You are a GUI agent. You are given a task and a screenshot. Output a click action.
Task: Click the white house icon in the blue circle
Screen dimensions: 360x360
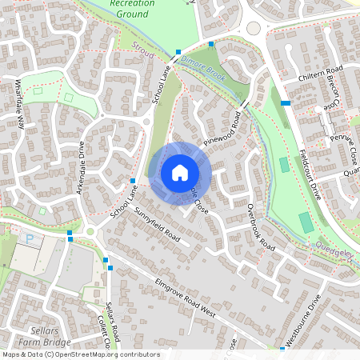180,172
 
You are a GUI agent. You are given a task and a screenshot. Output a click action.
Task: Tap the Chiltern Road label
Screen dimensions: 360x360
320,74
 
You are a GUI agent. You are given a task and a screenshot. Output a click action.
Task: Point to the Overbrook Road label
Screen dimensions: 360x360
261,228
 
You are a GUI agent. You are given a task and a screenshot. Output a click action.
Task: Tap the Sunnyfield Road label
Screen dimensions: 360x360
157,226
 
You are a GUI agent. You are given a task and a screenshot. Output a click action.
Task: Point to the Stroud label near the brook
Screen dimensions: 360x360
142,53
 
